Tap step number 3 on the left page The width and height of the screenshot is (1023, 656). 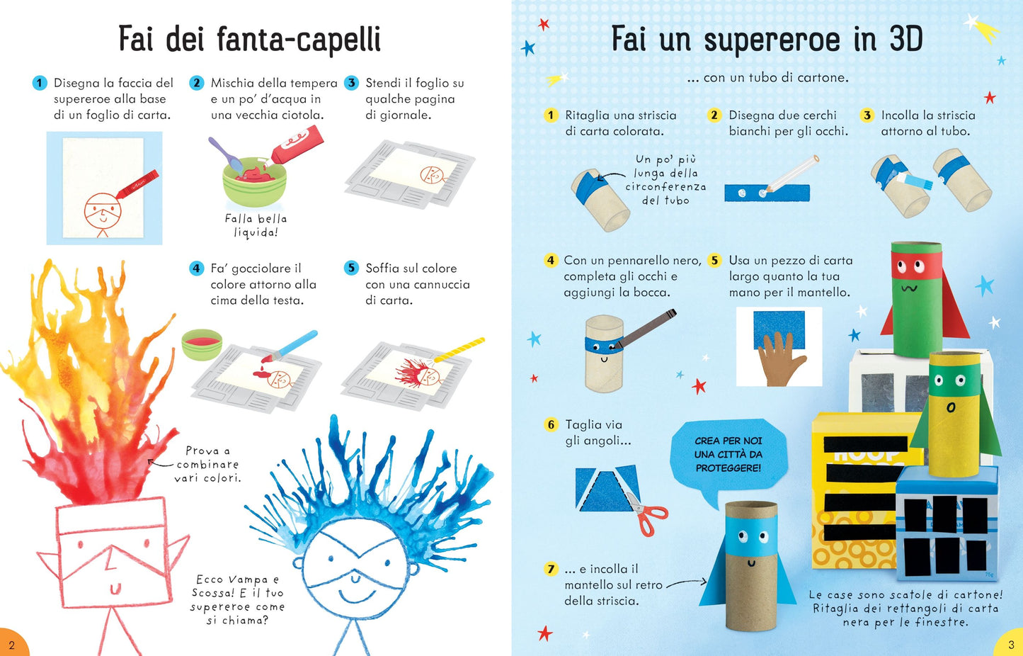[351, 83]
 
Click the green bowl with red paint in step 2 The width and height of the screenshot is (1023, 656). [254, 186]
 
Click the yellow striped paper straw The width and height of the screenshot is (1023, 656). [460, 350]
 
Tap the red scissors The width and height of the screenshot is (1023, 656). [647, 516]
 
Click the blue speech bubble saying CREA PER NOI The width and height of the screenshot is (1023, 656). [728, 455]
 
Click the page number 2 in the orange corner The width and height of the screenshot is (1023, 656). [11, 645]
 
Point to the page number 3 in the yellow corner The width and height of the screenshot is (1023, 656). [1011, 645]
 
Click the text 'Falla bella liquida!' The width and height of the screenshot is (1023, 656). [256, 225]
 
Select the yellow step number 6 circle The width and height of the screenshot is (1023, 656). [551, 424]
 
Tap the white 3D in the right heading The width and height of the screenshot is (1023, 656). [905, 39]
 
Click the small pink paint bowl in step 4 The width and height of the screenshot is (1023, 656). [202, 344]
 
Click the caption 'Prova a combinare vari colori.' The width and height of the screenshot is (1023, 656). [208, 464]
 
